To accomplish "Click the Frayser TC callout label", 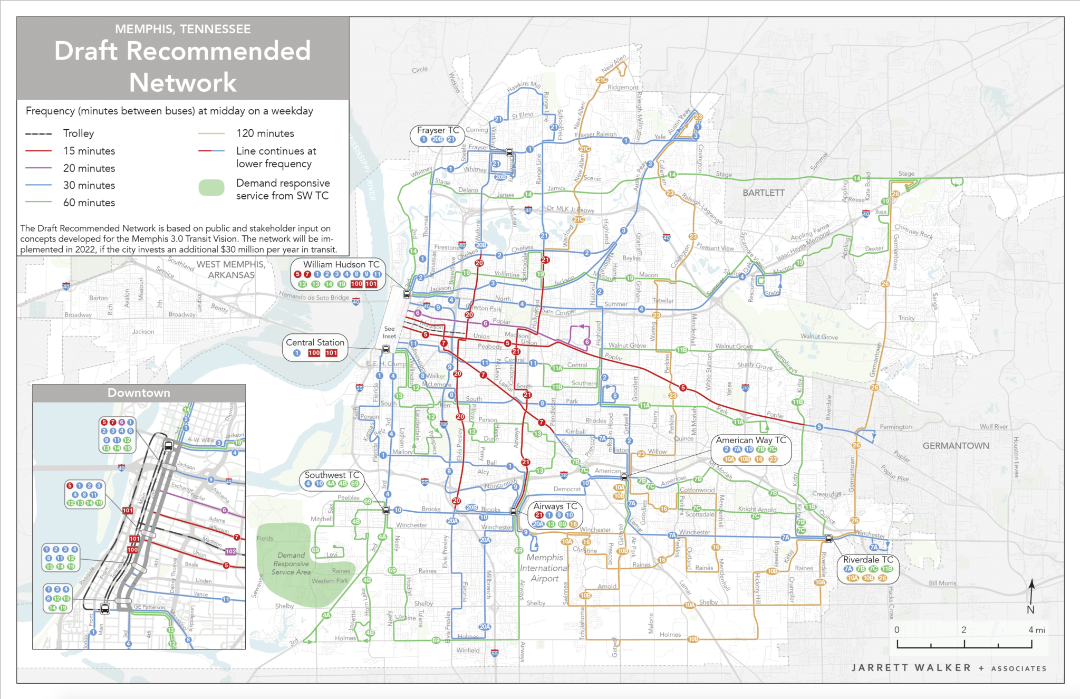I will pyautogui.click(x=438, y=130).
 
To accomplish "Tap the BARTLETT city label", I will pyautogui.click(x=763, y=193).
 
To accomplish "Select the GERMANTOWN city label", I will pyautogui.click(x=956, y=446).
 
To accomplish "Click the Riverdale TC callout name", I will pyautogui.click(x=868, y=560).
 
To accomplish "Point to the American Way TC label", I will pyautogui.click(x=750, y=440).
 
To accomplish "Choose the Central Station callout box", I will pyautogui.click(x=315, y=347).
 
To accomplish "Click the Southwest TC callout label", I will pyautogui.click(x=332, y=475).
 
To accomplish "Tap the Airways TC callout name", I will pyautogui.click(x=555, y=506).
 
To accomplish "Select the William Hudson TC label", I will pyautogui.click(x=341, y=264).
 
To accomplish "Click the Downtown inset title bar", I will pyautogui.click(x=139, y=393).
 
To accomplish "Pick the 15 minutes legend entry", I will pyautogui.click(x=89, y=151).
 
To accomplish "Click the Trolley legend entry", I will pyautogui.click(x=78, y=133).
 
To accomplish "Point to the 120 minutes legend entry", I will pyautogui.click(x=265, y=133).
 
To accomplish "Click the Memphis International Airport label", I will pyautogui.click(x=544, y=568).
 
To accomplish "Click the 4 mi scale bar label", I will pyautogui.click(x=1036, y=630).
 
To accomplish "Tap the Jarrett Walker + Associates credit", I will pyautogui.click(x=948, y=668).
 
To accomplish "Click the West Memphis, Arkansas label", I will pyautogui.click(x=230, y=270).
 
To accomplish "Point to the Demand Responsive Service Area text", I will pyautogui.click(x=291, y=563).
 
